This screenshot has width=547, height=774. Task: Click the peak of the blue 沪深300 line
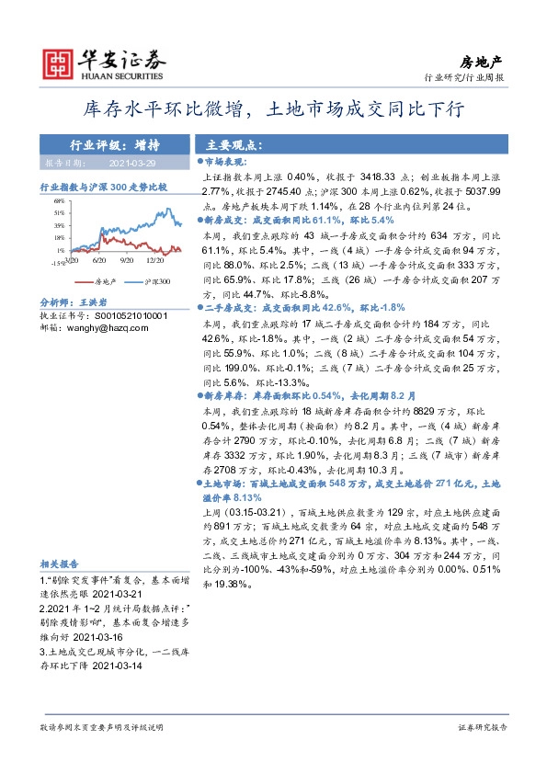click(x=163, y=207)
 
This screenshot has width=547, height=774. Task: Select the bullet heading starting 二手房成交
click(x=226, y=308)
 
